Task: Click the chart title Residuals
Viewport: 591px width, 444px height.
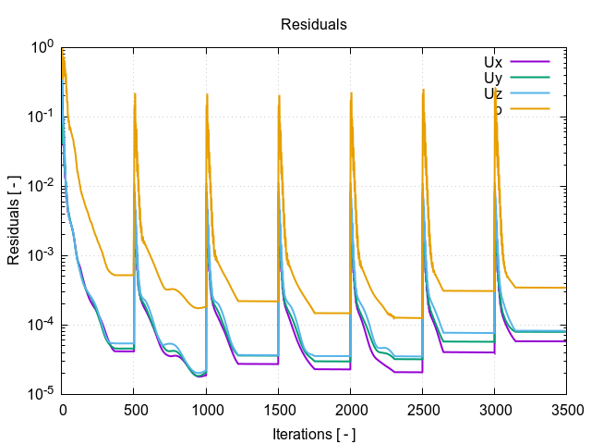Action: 314,25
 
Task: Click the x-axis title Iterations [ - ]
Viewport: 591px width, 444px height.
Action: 314,433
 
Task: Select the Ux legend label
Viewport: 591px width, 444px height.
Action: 493,62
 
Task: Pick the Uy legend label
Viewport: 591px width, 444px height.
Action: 493,78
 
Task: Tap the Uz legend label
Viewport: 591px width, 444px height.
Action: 493,93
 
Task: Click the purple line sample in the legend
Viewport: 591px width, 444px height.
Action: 530,62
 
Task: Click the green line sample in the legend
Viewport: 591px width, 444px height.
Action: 530,78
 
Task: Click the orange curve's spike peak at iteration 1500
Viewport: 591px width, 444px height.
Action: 279,93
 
